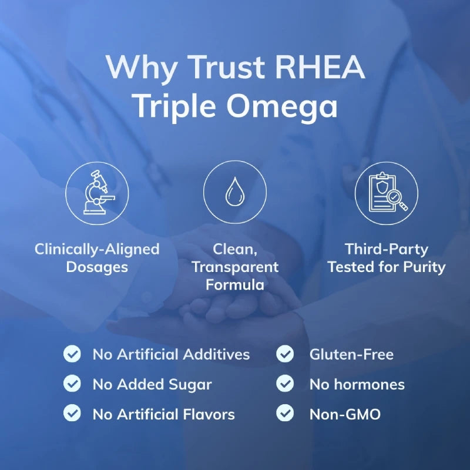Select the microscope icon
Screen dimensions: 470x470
[x=96, y=193]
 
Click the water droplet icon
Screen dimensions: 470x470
[x=234, y=193]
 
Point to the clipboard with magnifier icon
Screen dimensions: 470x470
[x=386, y=193]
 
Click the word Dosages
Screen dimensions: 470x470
[x=97, y=267]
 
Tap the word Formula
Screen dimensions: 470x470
[x=234, y=285]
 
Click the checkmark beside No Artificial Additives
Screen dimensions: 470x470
[x=72, y=354]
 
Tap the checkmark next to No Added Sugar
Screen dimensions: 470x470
[x=72, y=384]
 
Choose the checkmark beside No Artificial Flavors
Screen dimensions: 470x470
[x=72, y=414]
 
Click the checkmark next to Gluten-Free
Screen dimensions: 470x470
[x=285, y=354]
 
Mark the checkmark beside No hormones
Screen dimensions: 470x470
[x=285, y=384]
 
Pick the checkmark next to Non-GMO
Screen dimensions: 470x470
[x=285, y=414]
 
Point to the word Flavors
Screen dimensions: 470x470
[x=206, y=414]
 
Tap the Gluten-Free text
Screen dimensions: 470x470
[x=351, y=354]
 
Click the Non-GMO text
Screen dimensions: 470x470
[x=345, y=414]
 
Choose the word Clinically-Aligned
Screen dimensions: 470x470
[x=97, y=249]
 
